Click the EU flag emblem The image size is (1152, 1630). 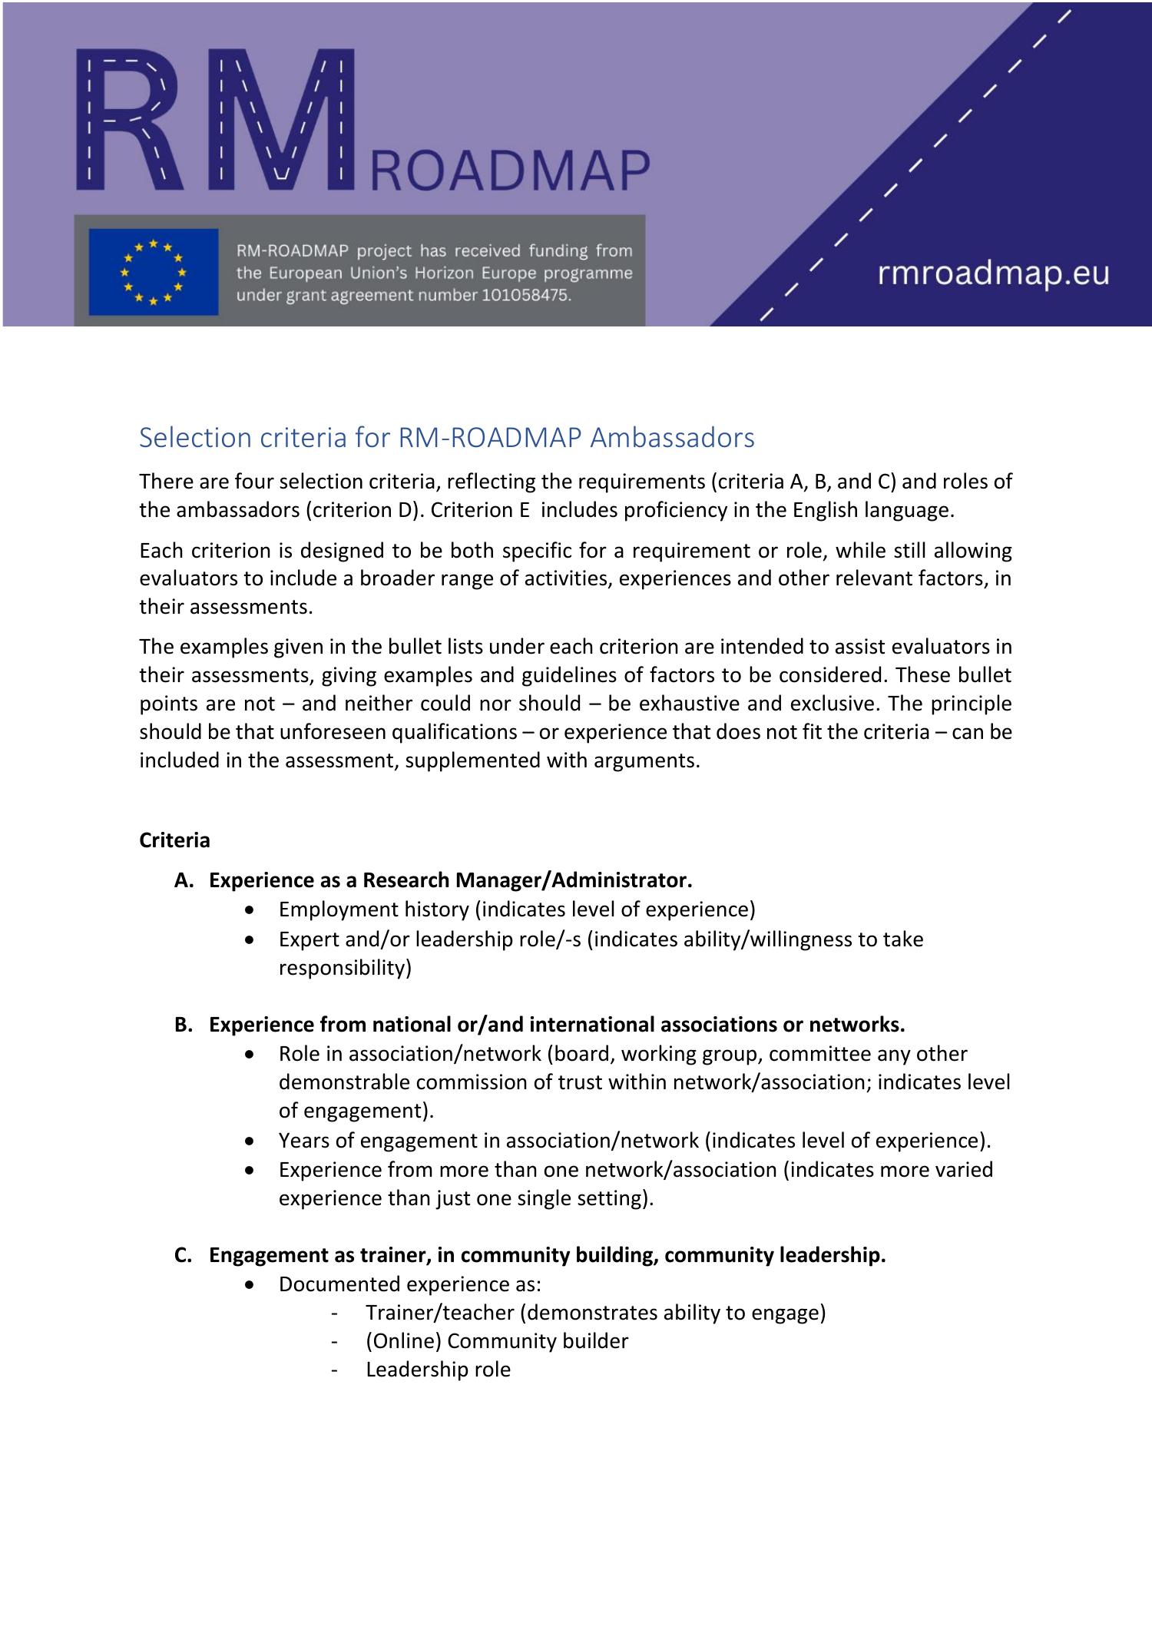[x=154, y=272]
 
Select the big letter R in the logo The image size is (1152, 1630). [x=127, y=119]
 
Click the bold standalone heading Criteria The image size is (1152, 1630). [x=174, y=840]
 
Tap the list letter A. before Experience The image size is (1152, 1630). [x=184, y=880]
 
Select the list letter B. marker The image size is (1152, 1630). [x=184, y=1025]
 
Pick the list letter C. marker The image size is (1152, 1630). [x=184, y=1255]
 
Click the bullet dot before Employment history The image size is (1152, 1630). [x=249, y=910]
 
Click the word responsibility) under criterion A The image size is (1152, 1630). [x=345, y=968]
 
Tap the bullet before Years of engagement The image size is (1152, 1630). [x=249, y=1141]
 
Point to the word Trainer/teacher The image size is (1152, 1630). [x=439, y=1313]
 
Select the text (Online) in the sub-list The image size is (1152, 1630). [x=404, y=1341]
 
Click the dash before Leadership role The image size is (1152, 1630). [x=333, y=1370]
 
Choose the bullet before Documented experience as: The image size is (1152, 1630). [x=249, y=1284]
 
